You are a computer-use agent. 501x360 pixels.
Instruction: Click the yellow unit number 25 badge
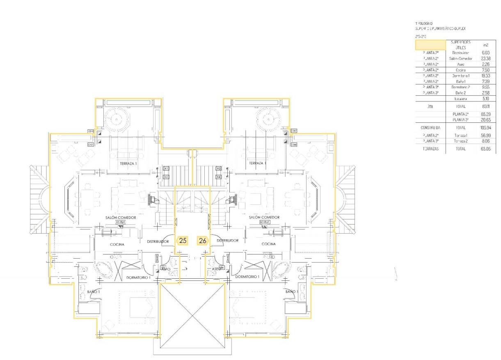tap(183, 241)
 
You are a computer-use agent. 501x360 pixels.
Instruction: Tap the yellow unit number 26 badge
tap(203, 241)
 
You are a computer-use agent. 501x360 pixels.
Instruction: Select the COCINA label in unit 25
tap(117, 244)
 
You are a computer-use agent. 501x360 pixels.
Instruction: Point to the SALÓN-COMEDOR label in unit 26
tap(264, 217)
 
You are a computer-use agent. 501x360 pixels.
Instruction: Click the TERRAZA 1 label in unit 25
tap(128, 163)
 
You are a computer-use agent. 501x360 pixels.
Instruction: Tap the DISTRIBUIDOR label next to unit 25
tap(158, 241)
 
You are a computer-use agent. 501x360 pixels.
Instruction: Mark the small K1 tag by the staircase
tap(166, 169)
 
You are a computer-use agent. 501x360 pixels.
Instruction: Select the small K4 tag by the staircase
tap(219, 177)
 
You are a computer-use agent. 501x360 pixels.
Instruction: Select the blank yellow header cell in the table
tap(430, 45)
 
